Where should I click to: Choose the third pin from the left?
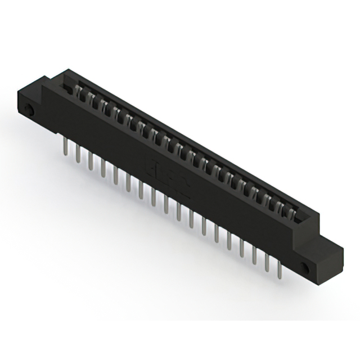[91, 161]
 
